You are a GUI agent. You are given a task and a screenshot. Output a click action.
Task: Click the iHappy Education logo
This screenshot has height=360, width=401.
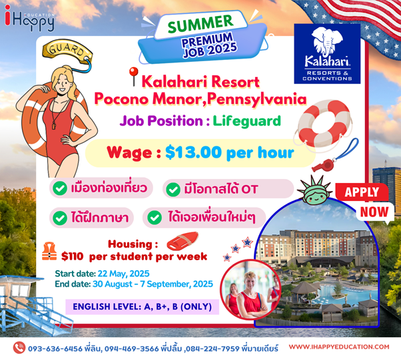click(x=29, y=18)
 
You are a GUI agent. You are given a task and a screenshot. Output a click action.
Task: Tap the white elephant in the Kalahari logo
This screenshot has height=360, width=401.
click(x=327, y=42)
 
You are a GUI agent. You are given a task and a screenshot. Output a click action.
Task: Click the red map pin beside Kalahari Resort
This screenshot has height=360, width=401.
click(x=133, y=76)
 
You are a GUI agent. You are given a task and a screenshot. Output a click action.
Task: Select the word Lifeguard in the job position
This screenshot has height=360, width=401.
click(x=246, y=121)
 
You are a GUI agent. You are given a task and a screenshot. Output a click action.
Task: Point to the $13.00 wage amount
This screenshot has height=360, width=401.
click(x=193, y=152)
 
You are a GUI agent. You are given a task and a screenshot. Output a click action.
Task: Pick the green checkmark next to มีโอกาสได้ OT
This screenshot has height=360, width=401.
click(x=173, y=190)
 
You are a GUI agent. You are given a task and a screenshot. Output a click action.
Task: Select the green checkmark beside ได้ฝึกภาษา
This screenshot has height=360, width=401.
click(x=60, y=218)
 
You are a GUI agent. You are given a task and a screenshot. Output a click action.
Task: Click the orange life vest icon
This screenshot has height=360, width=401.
click(x=49, y=252)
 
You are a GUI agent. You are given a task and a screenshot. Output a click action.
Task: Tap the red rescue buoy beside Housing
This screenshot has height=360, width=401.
click(x=183, y=240)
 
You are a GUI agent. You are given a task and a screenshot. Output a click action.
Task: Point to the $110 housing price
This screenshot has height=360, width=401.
click(x=73, y=256)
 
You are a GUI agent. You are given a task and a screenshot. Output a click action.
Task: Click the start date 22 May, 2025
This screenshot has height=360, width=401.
click(x=123, y=273)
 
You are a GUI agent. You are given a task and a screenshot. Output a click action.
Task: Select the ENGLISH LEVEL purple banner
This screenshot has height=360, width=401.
click(x=142, y=307)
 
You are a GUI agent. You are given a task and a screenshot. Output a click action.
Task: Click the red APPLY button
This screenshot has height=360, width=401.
click(x=362, y=192)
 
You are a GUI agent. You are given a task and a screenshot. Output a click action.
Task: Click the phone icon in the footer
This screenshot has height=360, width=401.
click(x=19, y=347)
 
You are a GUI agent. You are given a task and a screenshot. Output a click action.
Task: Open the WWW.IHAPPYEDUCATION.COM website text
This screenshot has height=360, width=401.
click(x=339, y=347)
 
